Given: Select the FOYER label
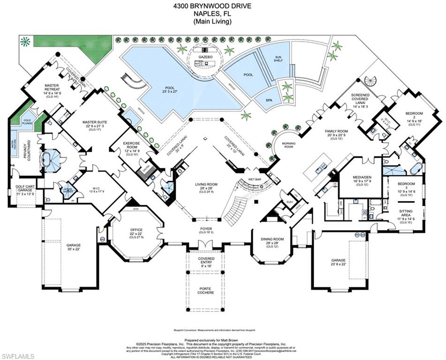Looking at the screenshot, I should tap(206, 230).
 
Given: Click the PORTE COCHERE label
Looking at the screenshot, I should tap(205, 291).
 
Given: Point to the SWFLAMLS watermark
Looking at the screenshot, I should tap(18, 356).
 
